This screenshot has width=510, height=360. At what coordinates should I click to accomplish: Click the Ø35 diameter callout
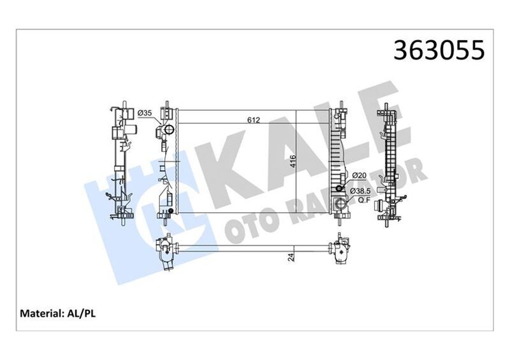145,113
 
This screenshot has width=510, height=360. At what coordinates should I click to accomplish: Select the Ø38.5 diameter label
363,190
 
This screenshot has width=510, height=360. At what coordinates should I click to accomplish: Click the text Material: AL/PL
59,313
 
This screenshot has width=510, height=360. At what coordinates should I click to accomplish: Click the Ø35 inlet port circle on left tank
168,131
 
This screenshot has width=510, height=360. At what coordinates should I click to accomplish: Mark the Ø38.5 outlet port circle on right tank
338,205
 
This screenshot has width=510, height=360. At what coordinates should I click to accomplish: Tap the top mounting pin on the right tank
343,104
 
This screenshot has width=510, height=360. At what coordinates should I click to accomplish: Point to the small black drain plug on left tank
170,211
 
